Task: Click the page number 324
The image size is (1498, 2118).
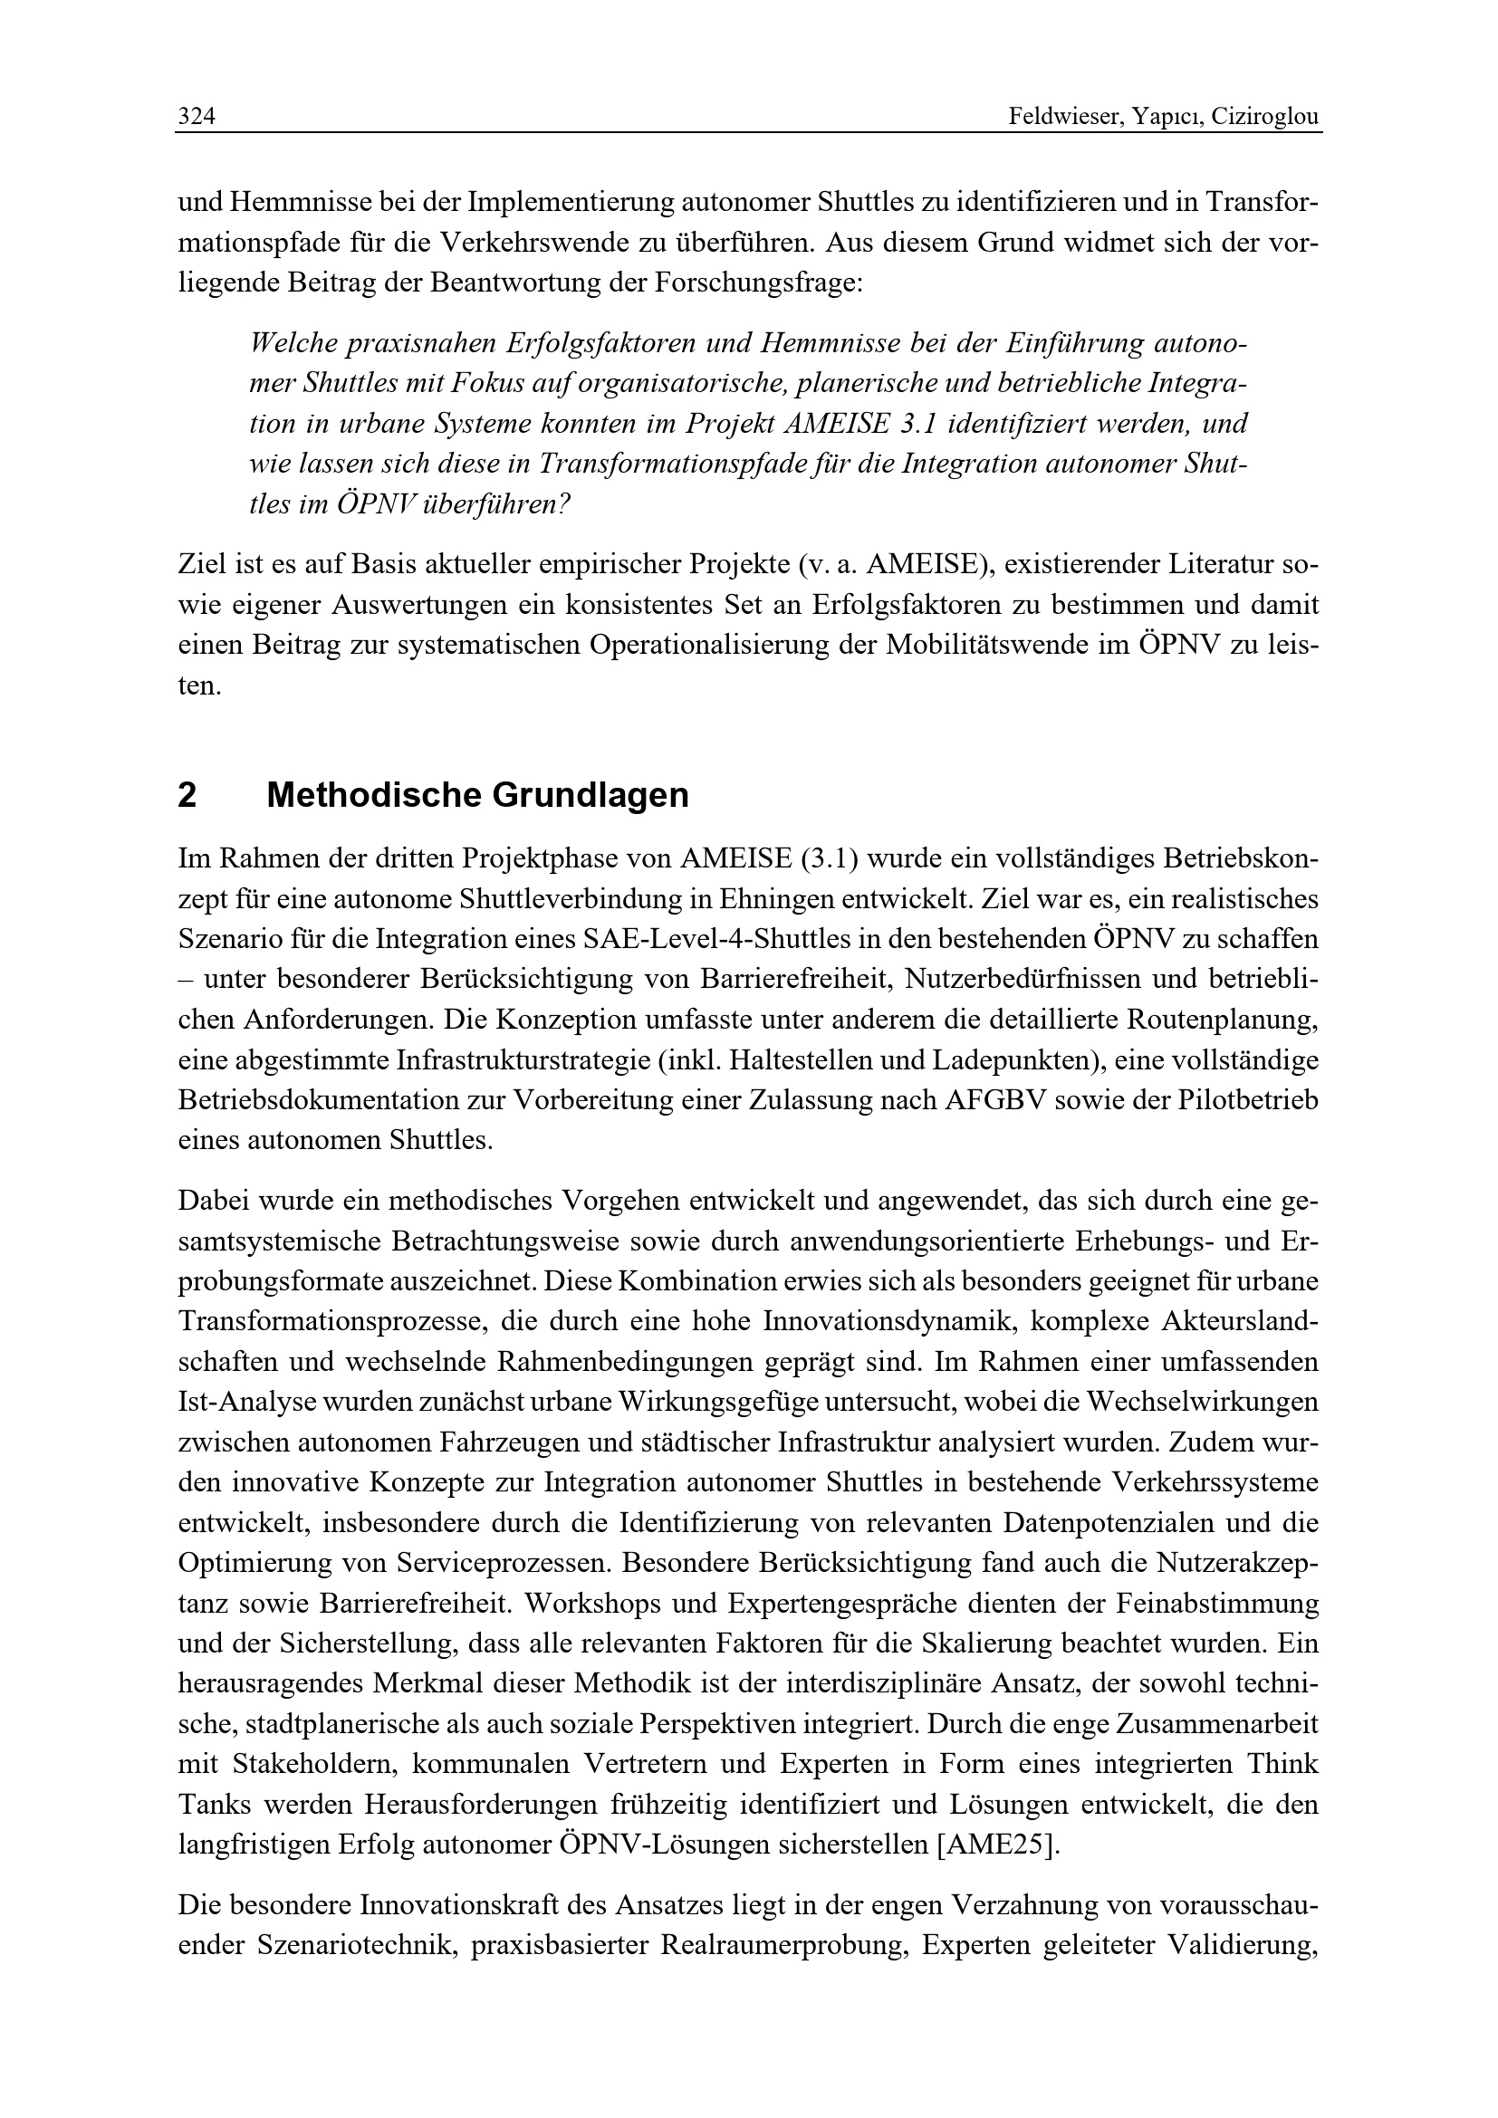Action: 197,117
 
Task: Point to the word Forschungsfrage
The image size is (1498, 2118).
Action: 756,283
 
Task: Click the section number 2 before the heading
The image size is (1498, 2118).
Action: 187,795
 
